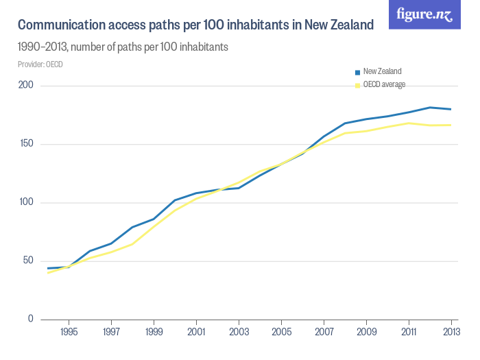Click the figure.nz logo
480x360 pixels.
click(x=424, y=14)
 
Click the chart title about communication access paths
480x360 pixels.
click(x=195, y=25)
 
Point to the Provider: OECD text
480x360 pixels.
click(x=40, y=64)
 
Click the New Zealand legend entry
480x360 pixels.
click(x=382, y=71)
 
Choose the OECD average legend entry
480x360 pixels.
click(x=384, y=84)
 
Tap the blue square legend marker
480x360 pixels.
click(x=357, y=72)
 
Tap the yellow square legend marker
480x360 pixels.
click(x=357, y=85)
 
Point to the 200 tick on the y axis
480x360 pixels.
click(x=26, y=86)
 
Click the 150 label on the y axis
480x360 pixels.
click(x=26, y=144)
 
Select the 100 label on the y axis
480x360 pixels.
click(x=26, y=202)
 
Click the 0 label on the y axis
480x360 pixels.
click(x=30, y=319)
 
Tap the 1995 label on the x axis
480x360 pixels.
click(x=69, y=332)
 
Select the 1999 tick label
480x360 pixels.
click(x=154, y=332)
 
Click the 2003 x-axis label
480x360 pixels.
click(x=239, y=332)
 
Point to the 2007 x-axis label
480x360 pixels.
click(x=324, y=332)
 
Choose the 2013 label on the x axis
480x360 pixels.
click(x=451, y=332)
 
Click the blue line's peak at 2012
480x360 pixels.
click(x=430, y=108)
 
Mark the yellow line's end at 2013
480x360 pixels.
click(x=451, y=125)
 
